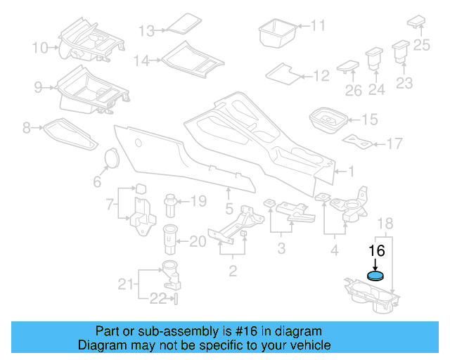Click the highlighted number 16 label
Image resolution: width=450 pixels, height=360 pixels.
coord(377,252)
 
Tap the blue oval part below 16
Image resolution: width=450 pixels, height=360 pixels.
coord(377,276)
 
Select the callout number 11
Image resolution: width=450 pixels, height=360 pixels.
coord(319,26)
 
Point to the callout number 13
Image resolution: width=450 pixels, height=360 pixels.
coord(146,31)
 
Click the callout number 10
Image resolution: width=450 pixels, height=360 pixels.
coord(40,48)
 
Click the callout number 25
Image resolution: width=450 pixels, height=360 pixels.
coord(421,46)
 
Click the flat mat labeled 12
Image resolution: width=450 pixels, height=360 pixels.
coord(282,72)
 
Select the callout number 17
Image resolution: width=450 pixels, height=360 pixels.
coord(394,143)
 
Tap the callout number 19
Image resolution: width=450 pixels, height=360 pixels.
coord(198,201)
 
